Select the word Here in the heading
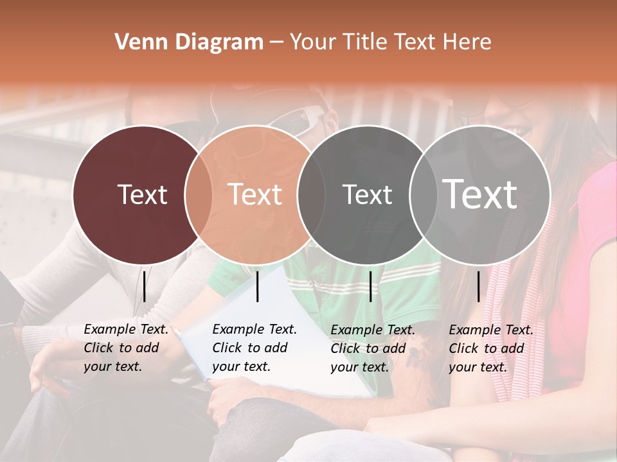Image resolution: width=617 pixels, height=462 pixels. pyautogui.click(x=467, y=42)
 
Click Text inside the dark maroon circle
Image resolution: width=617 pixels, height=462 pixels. pyautogui.click(x=142, y=194)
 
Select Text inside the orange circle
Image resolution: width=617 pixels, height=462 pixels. pyautogui.click(x=255, y=194)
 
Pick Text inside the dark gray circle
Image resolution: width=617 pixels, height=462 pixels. pyautogui.click(x=367, y=194)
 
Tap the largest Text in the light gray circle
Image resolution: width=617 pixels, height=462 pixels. pyautogui.click(x=480, y=194)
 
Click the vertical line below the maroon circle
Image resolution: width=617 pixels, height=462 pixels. pyautogui.click(x=144, y=286)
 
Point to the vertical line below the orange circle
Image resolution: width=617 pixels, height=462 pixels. pyautogui.click(x=257, y=286)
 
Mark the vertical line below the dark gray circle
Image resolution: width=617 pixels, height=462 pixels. pyautogui.click(x=370, y=286)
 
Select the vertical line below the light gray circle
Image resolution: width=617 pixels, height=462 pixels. pyautogui.click(x=478, y=286)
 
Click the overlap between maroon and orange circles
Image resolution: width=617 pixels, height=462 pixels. pyautogui.click(x=199, y=194)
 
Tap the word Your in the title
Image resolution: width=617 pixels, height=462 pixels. pyautogui.click(x=312, y=42)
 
